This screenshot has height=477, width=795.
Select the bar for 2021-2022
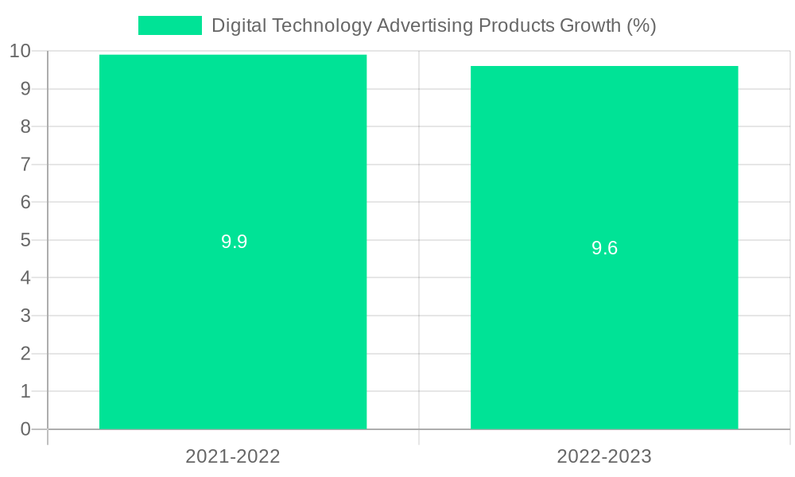pyautogui.click(x=233, y=318)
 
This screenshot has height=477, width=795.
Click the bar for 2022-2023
pyautogui.click(x=604, y=334)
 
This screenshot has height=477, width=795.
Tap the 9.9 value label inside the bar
pyautogui.click(x=234, y=242)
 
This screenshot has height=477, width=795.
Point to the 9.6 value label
pyautogui.click(x=604, y=248)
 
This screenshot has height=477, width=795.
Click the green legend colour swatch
pyautogui.click(x=169, y=25)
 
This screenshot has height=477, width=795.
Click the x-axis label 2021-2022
pyautogui.click(x=233, y=456)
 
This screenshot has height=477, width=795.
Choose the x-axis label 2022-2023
pyautogui.click(x=604, y=456)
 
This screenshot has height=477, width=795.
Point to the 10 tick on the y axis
pyautogui.click(x=20, y=52)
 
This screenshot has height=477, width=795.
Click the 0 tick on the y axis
pyautogui.click(x=25, y=429)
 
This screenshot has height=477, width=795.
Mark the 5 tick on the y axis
pyautogui.click(x=25, y=240)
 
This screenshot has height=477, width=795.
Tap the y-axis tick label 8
pyautogui.click(x=25, y=126)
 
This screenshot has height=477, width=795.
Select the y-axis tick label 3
pyautogui.click(x=25, y=316)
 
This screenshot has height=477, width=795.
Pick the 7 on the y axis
pyautogui.click(x=25, y=165)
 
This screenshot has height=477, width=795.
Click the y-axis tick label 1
pyautogui.click(x=25, y=391)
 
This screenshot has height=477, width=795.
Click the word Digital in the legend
pyautogui.click(x=238, y=25)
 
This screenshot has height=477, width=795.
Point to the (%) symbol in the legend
pyautogui.click(x=641, y=25)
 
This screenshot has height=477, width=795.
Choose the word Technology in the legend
pyautogui.click(x=322, y=25)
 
